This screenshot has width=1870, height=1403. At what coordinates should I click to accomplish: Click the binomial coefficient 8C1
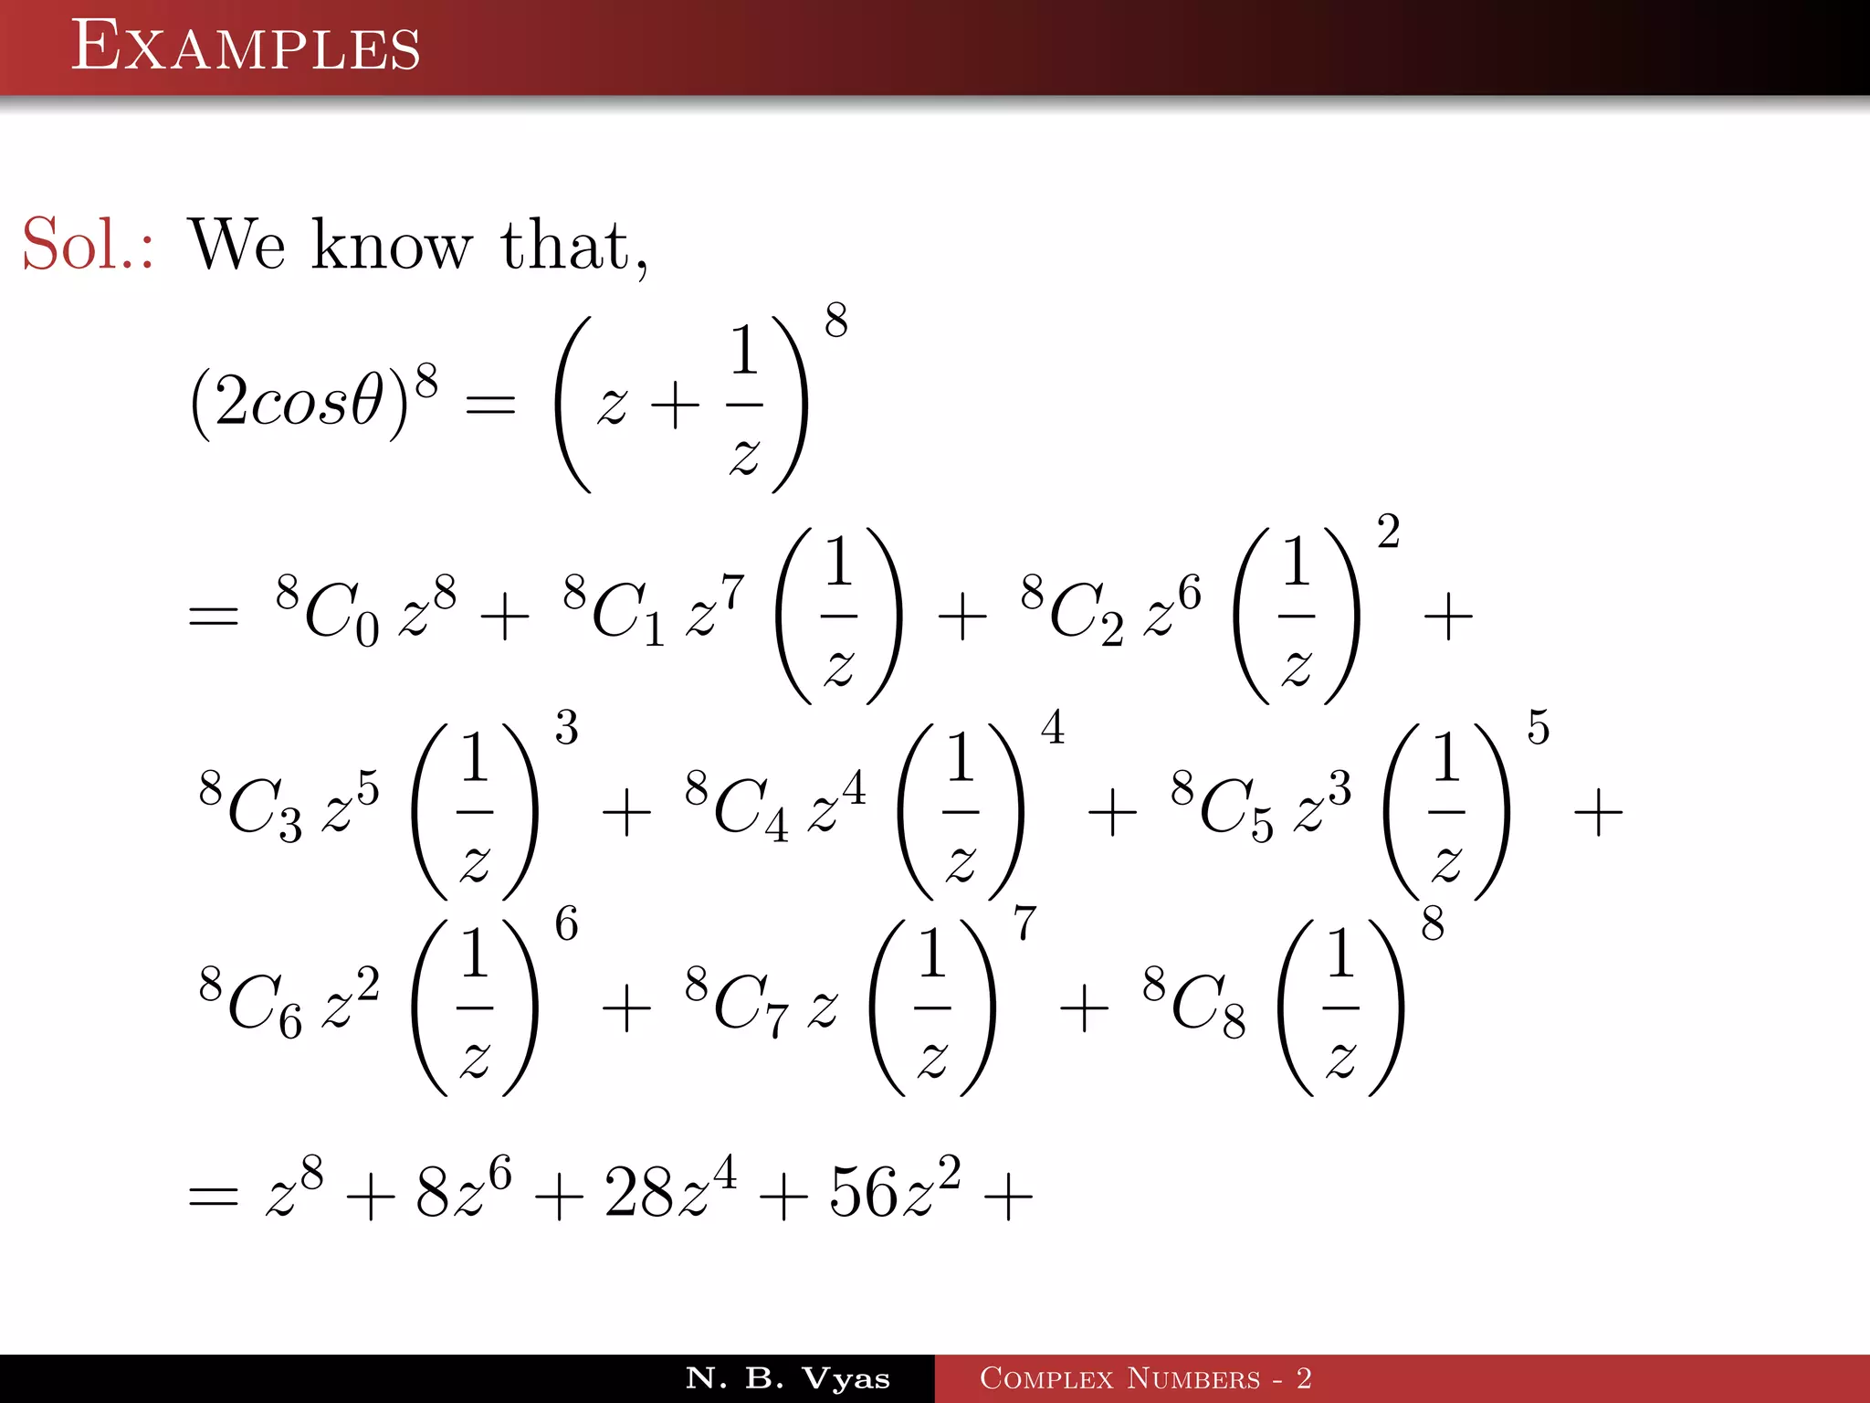click(x=614, y=610)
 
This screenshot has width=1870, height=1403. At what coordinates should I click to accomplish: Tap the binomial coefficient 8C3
click(x=250, y=806)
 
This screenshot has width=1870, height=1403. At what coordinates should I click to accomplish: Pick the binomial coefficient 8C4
click(x=736, y=806)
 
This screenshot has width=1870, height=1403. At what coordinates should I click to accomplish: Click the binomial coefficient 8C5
click(x=1222, y=806)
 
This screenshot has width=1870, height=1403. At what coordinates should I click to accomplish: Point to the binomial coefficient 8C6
click(x=250, y=1002)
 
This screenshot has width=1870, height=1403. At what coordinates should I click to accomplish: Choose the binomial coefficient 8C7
click(x=736, y=1002)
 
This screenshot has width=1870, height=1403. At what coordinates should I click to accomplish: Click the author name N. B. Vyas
click(x=787, y=1378)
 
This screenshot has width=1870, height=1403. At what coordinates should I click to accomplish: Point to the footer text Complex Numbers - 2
click(x=1145, y=1378)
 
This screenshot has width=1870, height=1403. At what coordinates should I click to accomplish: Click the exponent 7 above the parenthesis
click(x=1024, y=923)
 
